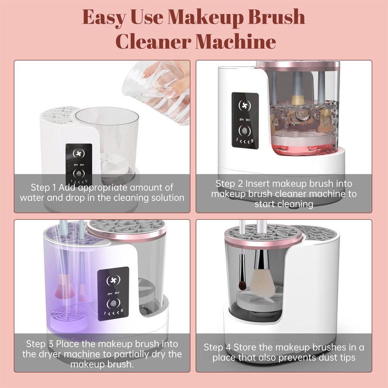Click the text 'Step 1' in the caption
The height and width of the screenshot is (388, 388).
tap(43, 188)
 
